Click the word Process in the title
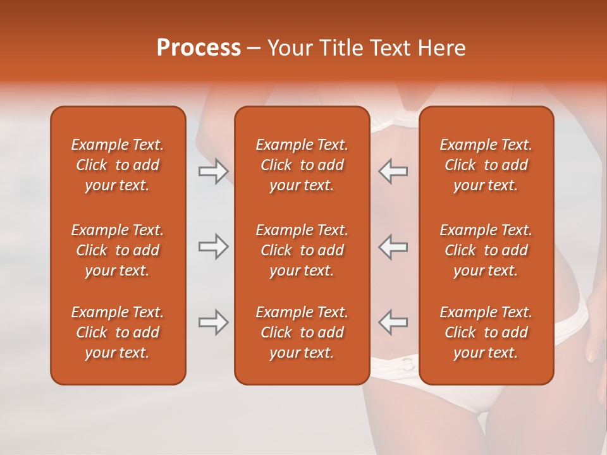click(199, 48)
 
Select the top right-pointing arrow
click(213, 171)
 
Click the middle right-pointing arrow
click(213, 246)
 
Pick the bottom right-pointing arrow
click(213, 322)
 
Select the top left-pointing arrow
click(393, 171)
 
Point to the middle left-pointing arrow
click(393, 246)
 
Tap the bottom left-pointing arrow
click(393, 322)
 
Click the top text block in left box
click(118, 165)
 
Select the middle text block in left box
click(118, 250)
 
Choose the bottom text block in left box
click(118, 332)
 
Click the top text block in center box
click(302, 165)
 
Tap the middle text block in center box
click(302, 250)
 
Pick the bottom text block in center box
click(302, 332)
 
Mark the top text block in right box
click(486, 165)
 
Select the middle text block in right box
click(486, 250)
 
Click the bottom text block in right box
click(486, 332)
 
